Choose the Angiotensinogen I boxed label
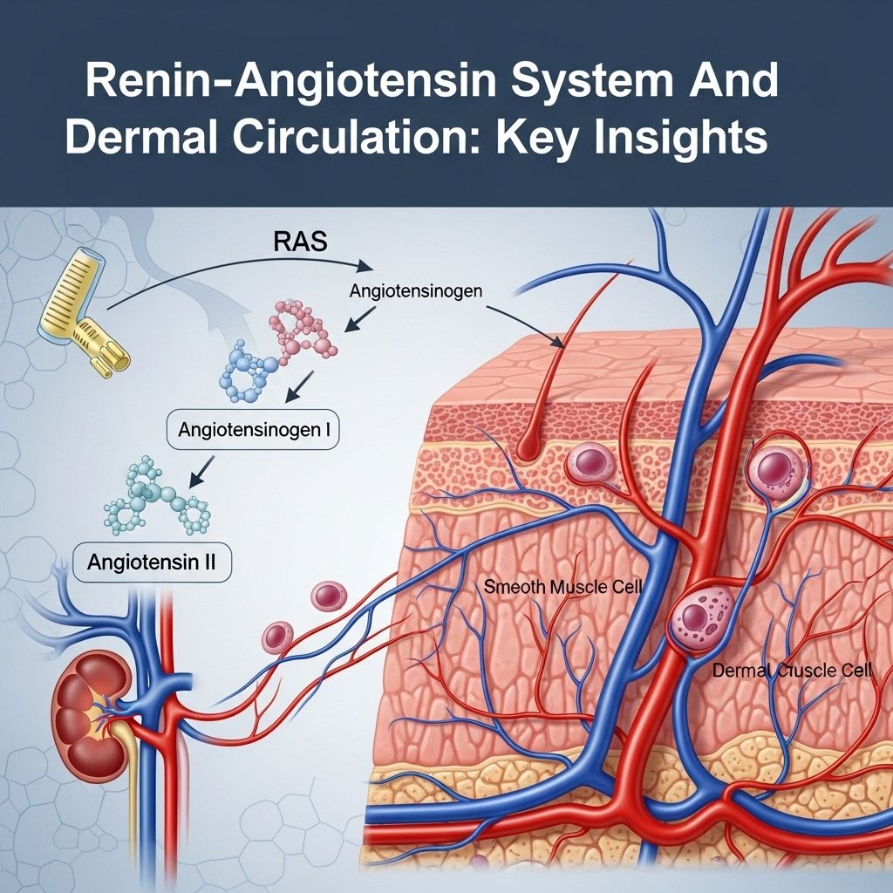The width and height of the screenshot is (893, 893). [x=253, y=430]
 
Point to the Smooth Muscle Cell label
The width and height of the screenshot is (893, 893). [x=563, y=587]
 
